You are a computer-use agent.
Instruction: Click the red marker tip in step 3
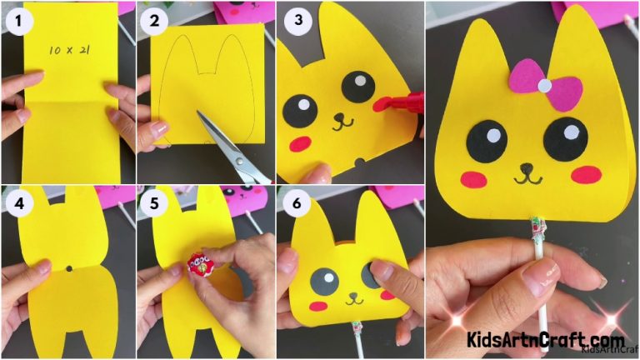385,104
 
